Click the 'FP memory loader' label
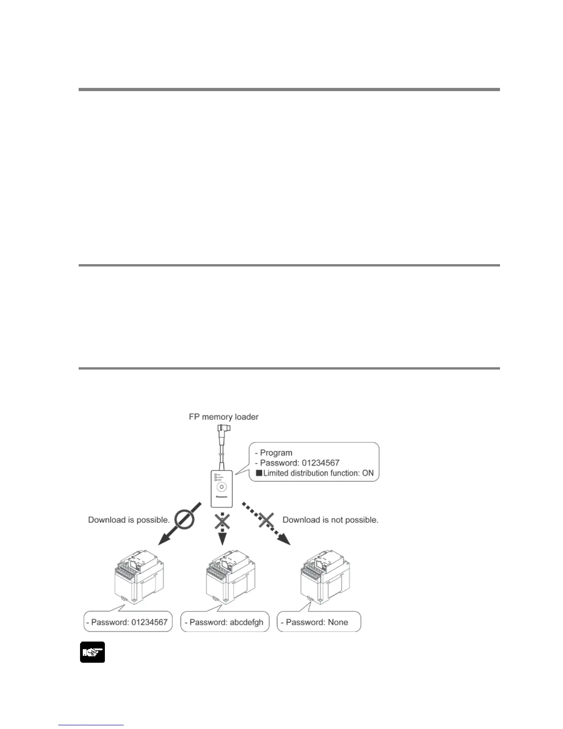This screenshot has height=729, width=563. pyautogui.click(x=224, y=417)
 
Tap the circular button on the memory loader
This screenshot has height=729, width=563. pyautogui.click(x=222, y=486)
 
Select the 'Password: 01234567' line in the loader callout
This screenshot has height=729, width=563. pyautogui.click(x=300, y=463)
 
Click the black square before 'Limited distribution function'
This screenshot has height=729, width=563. pyautogui.click(x=259, y=473)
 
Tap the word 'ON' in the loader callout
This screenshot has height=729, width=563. pyautogui.click(x=368, y=473)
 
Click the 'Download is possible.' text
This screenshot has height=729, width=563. pyautogui.click(x=129, y=520)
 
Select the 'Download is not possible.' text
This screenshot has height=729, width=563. pyautogui.click(x=330, y=520)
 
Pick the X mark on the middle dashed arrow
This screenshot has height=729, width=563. pyautogui.click(x=222, y=521)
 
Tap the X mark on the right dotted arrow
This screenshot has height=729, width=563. pyautogui.click(x=266, y=521)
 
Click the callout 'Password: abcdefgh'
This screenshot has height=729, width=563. pyautogui.click(x=224, y=622)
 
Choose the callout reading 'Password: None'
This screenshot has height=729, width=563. pyautogui.click(x=319, y=622)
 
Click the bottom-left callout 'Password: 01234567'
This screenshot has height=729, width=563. pyautogui.click(x=128, y=622)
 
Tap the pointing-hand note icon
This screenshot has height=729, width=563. pyautogui.click(x=92, y=652)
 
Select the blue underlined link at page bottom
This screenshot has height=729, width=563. pyautogui.click(x=91, y=725)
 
